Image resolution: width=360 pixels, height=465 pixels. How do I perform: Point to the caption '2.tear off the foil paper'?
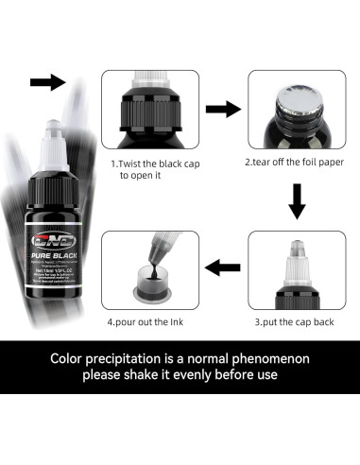click(x=294, y=162)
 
